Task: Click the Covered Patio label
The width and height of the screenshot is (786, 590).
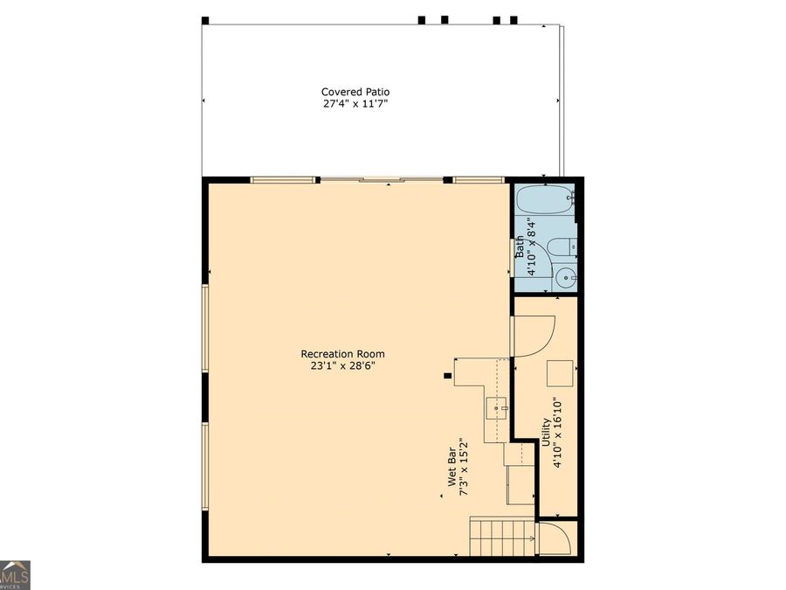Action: point(355,92)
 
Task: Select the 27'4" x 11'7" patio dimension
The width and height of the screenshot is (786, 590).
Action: point(355,104)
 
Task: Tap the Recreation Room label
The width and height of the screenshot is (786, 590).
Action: point(343,354)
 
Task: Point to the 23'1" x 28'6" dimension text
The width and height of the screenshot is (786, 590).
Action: point(343,365)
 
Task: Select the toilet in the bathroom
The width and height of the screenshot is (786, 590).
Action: point(562,247)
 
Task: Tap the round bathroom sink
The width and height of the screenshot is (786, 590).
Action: point(566,277)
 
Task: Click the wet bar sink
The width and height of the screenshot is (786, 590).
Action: point(497,408)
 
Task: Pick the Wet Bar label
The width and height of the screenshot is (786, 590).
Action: point(452,467)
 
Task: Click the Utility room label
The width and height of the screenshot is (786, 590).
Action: point(546,433)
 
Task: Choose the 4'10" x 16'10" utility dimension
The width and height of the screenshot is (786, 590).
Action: point(558,433)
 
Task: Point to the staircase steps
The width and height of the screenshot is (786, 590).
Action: point(502,538)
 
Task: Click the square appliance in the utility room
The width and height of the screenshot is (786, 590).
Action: point(560,373)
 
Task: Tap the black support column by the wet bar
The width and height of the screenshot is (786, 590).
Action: point(448,376)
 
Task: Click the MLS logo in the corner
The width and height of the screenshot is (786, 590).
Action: point(15,575)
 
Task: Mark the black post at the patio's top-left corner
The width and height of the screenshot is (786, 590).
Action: point(205,21)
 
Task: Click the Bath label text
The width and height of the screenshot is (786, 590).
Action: point(520,246)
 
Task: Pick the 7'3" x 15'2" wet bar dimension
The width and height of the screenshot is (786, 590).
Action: point(464,467)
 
